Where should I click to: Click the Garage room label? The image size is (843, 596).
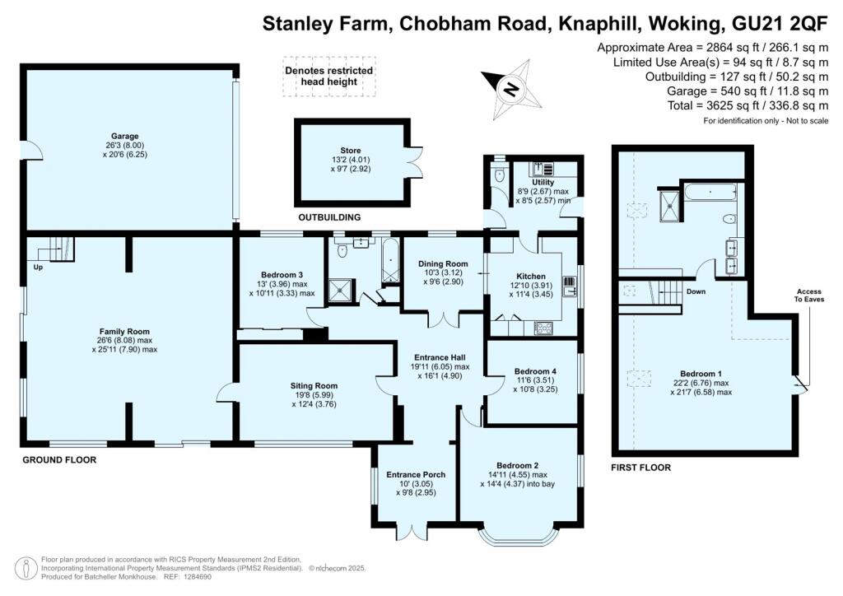click(x=125, y=136)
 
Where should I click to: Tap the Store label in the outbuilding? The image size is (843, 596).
click(x=351, y=151)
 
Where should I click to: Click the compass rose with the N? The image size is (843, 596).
click(x=512, y=89)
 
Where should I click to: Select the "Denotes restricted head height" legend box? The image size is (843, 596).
click(x=329, y=77)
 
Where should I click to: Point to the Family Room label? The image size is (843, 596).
click(x=124, y=332)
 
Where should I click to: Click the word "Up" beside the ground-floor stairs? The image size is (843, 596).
click(x=38, y=267)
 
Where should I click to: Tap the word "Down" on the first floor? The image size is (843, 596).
click(x=696, y=291)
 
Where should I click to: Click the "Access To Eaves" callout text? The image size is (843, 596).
click(x=809, y=295)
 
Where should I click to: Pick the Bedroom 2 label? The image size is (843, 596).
click(x=517, y=465)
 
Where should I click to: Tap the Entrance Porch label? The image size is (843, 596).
click(x=416, y=474)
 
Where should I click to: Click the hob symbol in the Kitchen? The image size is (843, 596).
click(x=543, y=328)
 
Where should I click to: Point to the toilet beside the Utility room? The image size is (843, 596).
click(x=499, y=175)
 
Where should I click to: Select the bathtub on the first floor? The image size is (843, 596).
click(x=710, y=192)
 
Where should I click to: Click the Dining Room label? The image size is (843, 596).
click(x=443, y=264)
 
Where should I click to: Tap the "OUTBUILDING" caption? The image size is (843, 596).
click(x=329, y=217)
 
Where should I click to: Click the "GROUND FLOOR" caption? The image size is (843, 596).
click(x=59, y=460)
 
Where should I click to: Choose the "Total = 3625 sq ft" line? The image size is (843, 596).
click(x=748, y=105)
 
